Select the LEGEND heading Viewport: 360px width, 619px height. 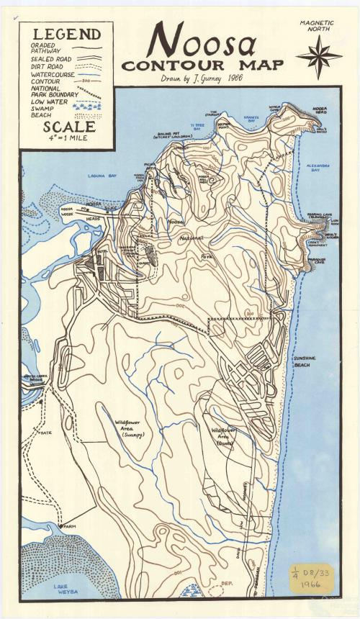pos(66,34)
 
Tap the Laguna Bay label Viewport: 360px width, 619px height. pos(102,176)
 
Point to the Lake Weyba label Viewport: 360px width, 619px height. pos(65,589)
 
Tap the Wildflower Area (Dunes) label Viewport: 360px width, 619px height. pos(225,436)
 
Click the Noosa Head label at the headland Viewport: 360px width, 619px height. pos(320,111)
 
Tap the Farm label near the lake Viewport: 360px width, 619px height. pos(69,527)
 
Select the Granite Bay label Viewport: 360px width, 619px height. pos(251,119)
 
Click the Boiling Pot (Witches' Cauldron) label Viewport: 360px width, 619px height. pos(172,136)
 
